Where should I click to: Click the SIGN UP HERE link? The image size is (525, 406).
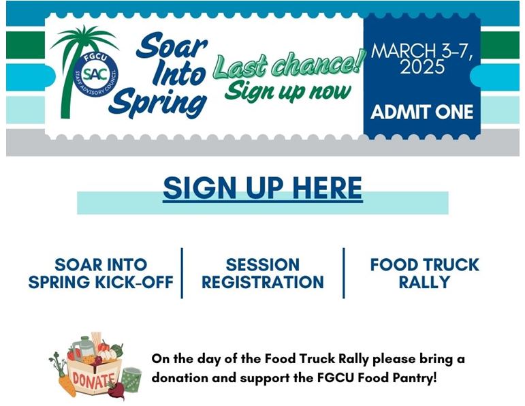(263, 188)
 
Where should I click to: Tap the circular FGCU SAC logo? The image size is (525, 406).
(95, 75)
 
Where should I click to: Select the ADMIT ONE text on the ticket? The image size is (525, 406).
(422, 112)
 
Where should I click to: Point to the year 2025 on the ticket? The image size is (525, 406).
(422, 67)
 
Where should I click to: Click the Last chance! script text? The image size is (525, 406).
(289, 63)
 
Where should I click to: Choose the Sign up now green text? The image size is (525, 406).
(288, 91)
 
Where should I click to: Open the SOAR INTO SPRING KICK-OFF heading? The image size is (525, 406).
(101, 273)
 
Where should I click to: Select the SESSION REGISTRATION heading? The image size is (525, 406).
(263, 273)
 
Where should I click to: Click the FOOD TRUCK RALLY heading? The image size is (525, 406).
(424, 273)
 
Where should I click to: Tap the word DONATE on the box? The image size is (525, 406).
(93, 380)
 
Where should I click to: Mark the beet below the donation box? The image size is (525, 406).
(116, 390)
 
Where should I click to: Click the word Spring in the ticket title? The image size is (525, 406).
(157, 101)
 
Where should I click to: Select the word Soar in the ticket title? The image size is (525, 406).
(172, 46)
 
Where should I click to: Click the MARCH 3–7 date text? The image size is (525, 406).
(422, 51)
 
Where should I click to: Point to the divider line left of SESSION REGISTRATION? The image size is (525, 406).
(182, 273)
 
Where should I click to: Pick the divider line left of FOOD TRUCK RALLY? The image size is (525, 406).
(344, 273)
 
